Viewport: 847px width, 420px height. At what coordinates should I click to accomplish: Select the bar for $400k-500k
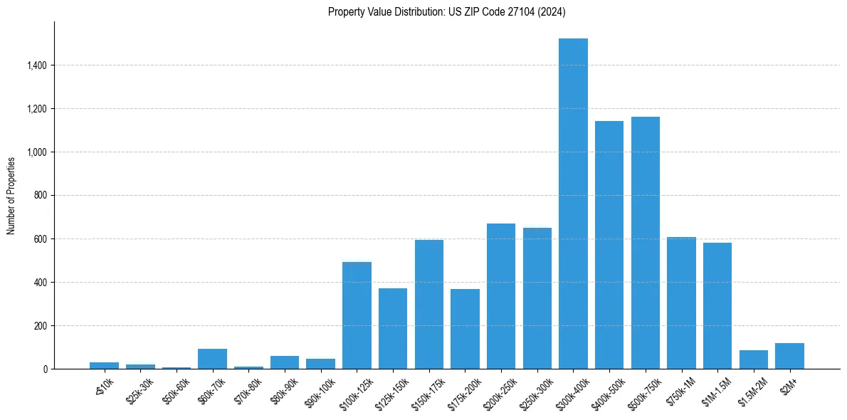pos(609,245)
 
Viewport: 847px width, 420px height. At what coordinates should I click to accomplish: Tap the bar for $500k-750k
pos(646,243)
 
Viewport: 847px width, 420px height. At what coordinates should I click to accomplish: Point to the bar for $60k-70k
pos(212,359)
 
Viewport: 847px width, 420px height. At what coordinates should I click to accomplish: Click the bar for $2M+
pos(789,356)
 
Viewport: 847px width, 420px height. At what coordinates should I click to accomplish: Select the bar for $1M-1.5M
pos(717,306)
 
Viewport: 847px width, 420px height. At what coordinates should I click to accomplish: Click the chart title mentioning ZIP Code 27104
pos(447,11)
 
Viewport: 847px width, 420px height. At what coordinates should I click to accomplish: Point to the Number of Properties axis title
pos(11,196)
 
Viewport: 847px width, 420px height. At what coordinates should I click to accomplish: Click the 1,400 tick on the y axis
pos(37,65)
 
